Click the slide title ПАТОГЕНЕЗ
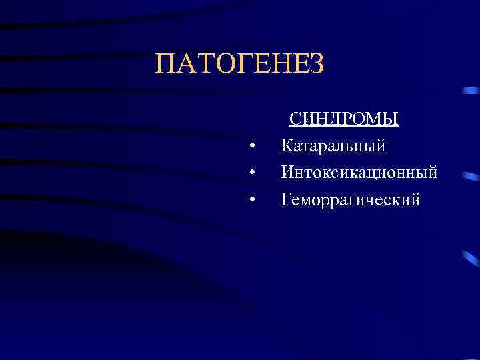click(x=239, y=64)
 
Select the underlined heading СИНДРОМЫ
click(x=343, y=119)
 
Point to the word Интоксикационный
click(x=359, y=173)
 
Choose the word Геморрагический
click(x=351, y=199)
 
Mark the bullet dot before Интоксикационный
click(x=252, y=173)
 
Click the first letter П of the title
click(x=164, y=64)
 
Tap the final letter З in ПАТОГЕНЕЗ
click(x=317, y=64)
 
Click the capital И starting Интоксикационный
click(x=287, y=173)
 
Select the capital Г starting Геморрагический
click(x=286, y=199)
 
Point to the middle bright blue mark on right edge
click(x=471, y=177)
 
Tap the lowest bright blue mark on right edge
click(x=471, y=259)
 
